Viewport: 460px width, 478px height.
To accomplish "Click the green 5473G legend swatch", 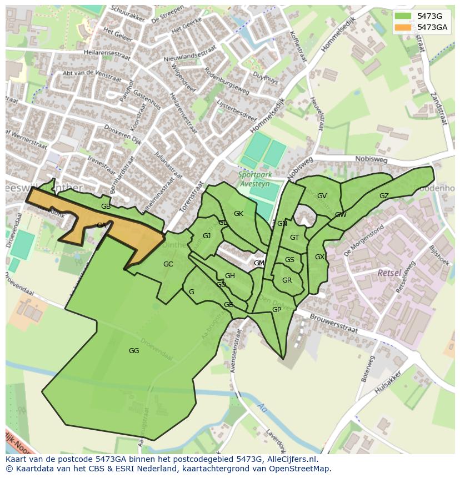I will [403, 16].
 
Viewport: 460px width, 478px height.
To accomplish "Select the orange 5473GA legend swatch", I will [403, 27].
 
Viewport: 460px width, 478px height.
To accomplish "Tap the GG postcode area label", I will [134, 351].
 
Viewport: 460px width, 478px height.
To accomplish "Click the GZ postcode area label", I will [384, 196].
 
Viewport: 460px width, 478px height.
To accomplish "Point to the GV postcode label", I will [322, 196].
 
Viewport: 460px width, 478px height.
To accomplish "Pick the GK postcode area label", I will [238, 214].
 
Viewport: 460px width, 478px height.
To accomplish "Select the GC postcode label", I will [168, 264].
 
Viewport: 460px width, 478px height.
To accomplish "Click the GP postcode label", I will [276, 310].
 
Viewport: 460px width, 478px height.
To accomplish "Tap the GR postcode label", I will [287, 280].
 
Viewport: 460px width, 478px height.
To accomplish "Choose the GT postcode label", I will [294, 238].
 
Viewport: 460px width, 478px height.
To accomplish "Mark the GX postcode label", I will [319, 257].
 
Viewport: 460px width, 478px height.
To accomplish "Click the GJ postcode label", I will [207, 236].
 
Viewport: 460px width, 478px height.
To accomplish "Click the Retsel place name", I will [389, 273].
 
